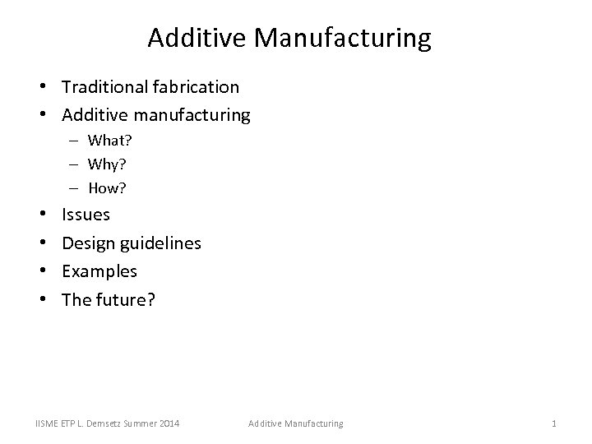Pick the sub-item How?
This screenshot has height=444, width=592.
click(x=107, y=187)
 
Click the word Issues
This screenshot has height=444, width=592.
click(x=86, y=215)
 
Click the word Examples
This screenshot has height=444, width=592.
click(x=99, y=271)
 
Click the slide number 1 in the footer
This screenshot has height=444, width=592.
click(x=554, y=423)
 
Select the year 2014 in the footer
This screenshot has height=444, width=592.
click(x=169, y=423)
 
